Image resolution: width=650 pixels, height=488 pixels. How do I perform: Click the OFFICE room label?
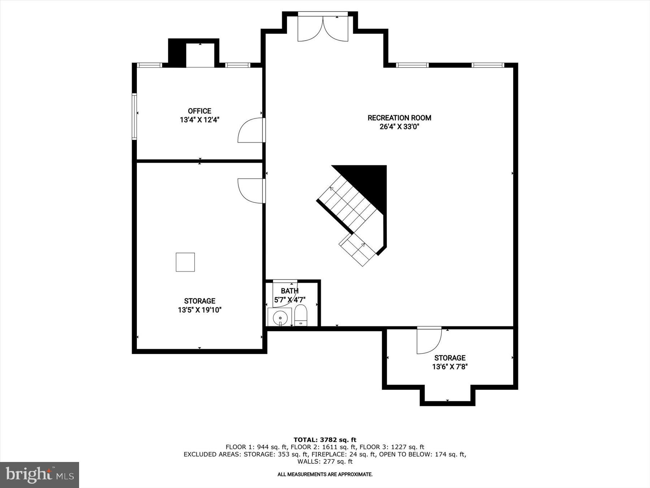(x=199, y=111)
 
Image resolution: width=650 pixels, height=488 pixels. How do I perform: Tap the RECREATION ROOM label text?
(x=399, y=118)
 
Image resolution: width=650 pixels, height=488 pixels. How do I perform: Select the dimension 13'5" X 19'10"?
(x=199, y=310)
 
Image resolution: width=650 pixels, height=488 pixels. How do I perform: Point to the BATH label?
(x=290, y=291)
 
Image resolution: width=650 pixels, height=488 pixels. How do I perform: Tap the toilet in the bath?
(x=301, y=316)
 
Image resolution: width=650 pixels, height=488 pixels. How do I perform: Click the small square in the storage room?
(x=185, y=262)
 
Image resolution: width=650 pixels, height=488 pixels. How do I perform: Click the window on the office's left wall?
(x=134, y=116)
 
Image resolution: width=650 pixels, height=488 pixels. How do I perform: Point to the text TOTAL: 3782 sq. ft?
(x=325, y=440)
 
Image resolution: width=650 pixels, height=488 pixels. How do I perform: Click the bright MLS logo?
(x=39, y=475)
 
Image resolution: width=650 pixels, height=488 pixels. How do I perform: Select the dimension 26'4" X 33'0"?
(x=399, y=127)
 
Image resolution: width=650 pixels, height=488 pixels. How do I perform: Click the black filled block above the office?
(x=177, y=53)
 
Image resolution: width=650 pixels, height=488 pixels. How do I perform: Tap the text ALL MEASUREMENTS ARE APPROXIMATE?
(x=325, y=474)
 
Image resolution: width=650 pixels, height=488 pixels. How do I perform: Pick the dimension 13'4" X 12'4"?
(x=199, y=120)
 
